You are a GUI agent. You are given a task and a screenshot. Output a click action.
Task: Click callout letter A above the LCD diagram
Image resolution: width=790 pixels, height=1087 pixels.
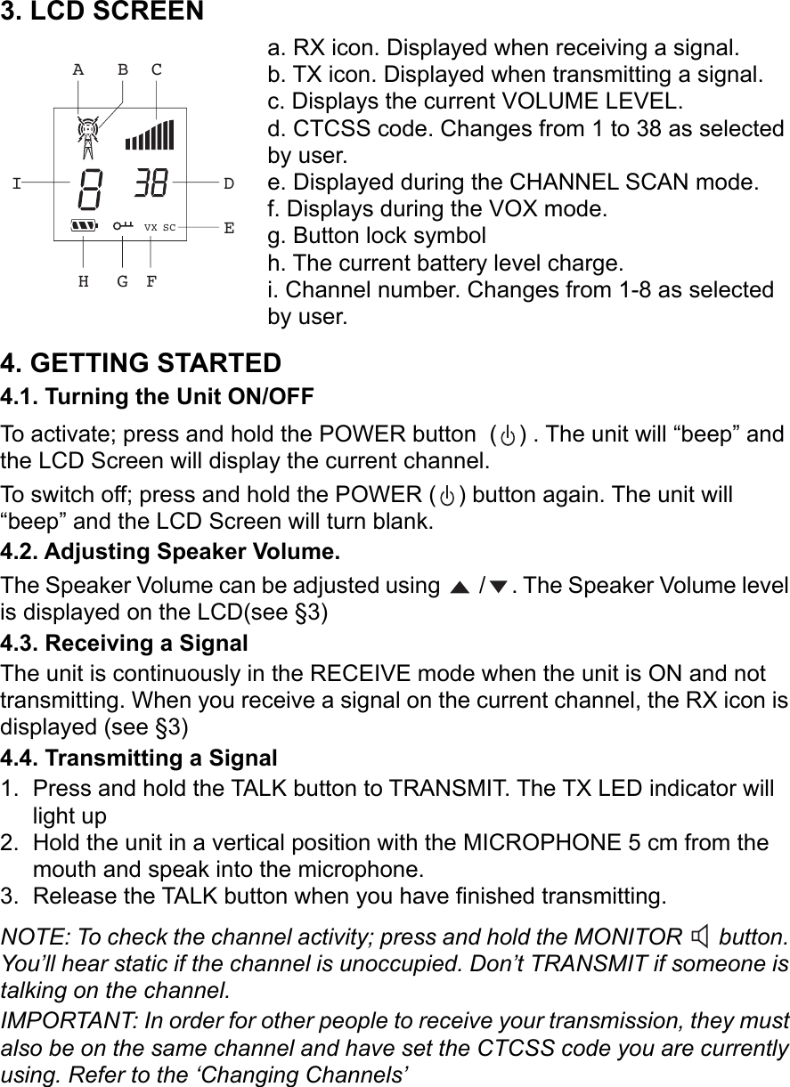pyautogui.click(x=78, y=69)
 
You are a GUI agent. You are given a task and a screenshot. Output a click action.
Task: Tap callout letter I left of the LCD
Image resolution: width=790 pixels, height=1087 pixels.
pyautogui.click(x=16, y=184)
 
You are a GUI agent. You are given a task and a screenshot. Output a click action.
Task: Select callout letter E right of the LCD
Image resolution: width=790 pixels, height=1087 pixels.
pyautogui.click(x=229, y=228)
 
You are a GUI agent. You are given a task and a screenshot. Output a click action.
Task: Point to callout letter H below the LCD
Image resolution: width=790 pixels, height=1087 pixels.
pyautogui.click(x=83, y=282)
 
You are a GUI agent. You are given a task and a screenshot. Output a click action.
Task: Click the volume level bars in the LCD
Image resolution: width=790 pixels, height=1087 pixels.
pyautogui.click(x=150, y=134)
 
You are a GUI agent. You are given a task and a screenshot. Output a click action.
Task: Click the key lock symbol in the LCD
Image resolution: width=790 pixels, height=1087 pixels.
pyautogui.click(x=123, y=227)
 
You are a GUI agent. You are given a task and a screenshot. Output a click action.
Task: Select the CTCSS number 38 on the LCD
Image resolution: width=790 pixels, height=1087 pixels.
pyautogui.click(x=150, y=185)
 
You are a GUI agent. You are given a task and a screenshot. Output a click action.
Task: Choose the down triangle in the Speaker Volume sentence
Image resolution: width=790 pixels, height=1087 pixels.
pyautogui.click(x=498, y=587)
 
